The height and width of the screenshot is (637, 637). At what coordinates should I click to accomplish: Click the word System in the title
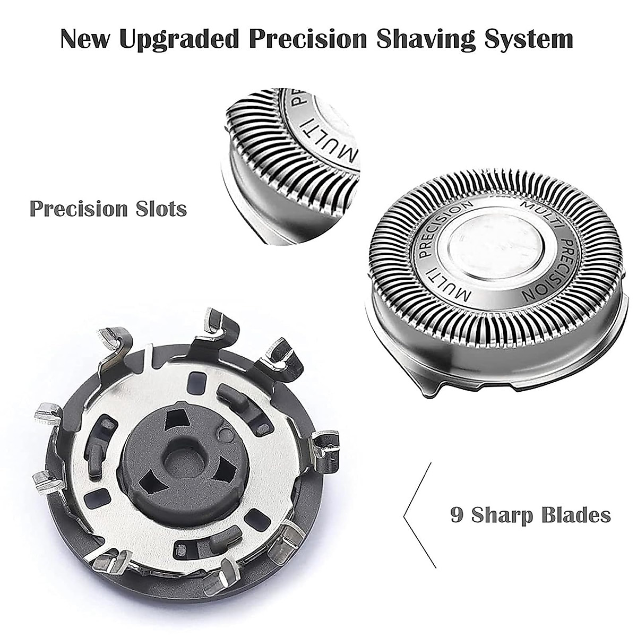pos(525,40)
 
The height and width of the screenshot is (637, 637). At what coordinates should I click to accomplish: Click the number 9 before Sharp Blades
pos(457,514)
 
